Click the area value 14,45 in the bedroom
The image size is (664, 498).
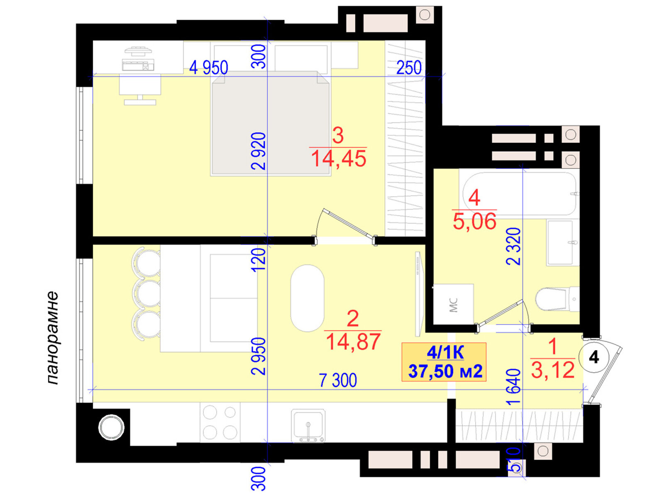pyautogui.click(x=338, y=159)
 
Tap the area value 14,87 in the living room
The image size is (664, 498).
pyautogui.click(x=353, y=342)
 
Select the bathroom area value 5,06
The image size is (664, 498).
pyautogui.click(x=474, y=221)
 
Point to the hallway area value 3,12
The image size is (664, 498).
pyautogui.click(x=553, y=370)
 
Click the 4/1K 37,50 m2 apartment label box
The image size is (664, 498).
pyautogui.click(x=444, y=362)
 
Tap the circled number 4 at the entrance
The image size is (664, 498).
pyautogui.click(x=593, y=357)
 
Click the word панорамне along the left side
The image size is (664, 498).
pyautogui.click(x=53, y=338)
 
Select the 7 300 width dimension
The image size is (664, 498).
pyautogui.click(x=338, y=380)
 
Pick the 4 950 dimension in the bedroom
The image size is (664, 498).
pyautogui.click(x=208, y=67)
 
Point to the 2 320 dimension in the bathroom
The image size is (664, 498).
pyautogui.click(x=514, y=247)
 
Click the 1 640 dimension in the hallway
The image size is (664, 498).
pyautogui.click(x=514, y=387)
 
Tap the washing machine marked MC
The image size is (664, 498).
pyautogui.click(x=453, y=304)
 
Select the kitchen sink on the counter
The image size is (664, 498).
pyautogui.click(x=308, y=426)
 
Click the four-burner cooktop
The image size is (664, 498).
pyautogui.click(x=220, y=422)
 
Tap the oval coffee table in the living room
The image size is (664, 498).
pyautogui.click(x=308, y=298)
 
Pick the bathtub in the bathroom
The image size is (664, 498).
pyautogui.click(x=519, y=193)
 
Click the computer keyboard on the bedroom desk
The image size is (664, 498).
pyautogui.click(x=138, y=65)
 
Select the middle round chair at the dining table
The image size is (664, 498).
pyautogui.click(x=147, y=293)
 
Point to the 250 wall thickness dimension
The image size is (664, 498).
pyautogui.click(x=409, y=68)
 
